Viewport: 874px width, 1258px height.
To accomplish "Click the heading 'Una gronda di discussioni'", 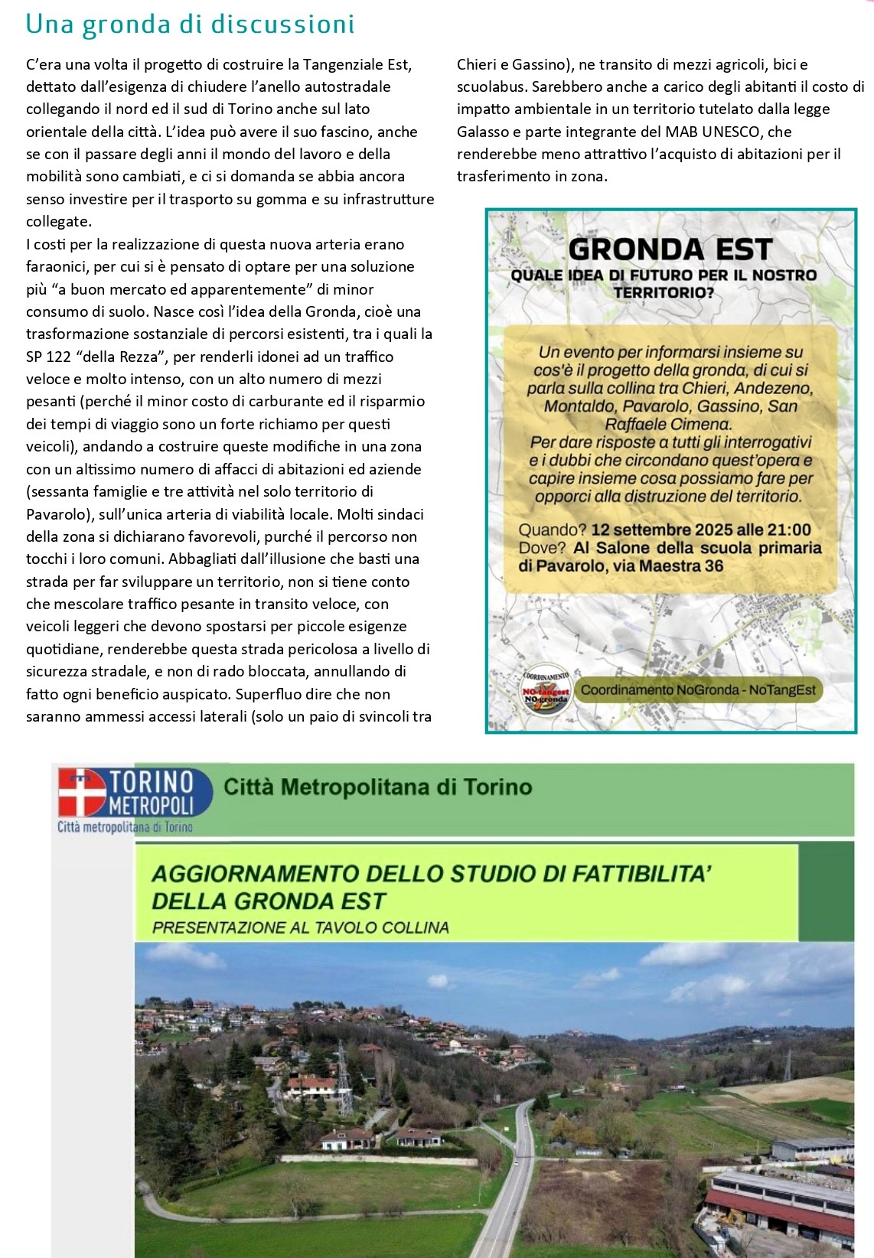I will (190, 25).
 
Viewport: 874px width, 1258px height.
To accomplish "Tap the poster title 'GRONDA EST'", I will (670, 249).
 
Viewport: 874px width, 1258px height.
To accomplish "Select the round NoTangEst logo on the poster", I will (546, 688).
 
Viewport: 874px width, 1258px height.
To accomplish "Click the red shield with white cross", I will (80, 794).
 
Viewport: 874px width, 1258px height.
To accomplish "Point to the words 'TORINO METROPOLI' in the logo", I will (151, 793).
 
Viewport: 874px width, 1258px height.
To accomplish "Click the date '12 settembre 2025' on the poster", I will (652, 530).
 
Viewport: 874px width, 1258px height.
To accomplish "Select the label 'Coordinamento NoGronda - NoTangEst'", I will (697, 689).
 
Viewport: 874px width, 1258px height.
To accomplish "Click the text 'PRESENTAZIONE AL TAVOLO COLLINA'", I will (300, 927).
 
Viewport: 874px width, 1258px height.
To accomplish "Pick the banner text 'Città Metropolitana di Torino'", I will (377, 787).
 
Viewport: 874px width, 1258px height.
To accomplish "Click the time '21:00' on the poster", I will (788, 530).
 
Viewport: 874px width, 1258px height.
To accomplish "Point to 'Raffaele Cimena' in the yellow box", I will (668, 424).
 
